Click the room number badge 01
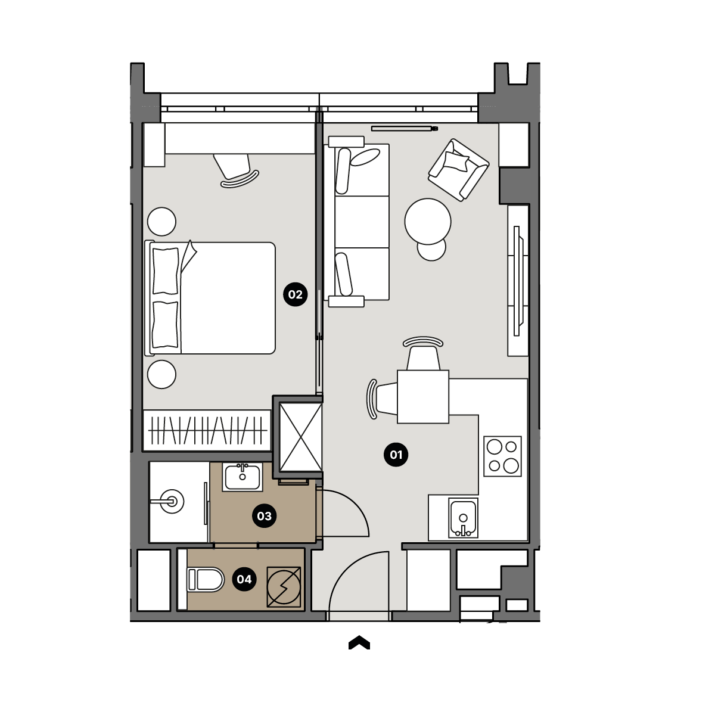[x=396, y=455]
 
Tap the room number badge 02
[x=295, y=294]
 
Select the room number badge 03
[x=264, y=516]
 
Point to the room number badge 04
[x=244, y=579]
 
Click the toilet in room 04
[x=206, y=580]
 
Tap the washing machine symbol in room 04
[x=284, y=587]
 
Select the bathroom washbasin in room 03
[x=243, y=477]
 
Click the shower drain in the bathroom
[x=172, y=502]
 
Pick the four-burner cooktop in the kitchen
[x=502, y=456]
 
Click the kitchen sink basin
[x=463, y=518]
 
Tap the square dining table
[x=423, y=397]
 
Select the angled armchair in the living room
[x=458, y=170]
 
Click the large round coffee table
[x=428, y=222]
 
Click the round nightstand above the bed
[x=161, y=222]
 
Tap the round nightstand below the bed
[x=161, y=374]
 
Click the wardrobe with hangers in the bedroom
[x=207, y=430]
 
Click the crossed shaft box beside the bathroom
[x=300, y=437]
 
